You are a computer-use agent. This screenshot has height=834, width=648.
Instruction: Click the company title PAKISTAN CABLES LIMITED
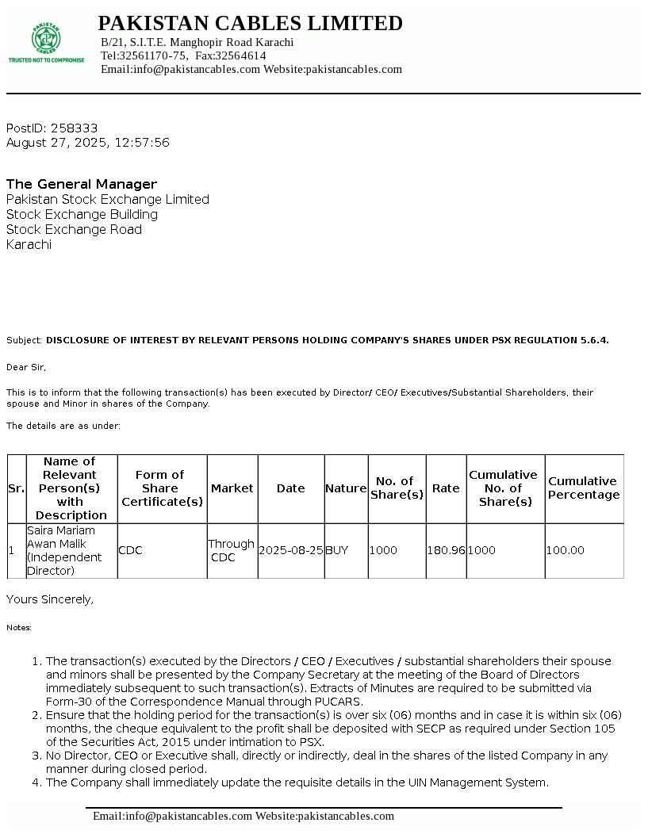pyautogui.click(x=250, y=24)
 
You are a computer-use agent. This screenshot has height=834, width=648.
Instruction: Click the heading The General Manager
pyautogui.click(x=82, y=184)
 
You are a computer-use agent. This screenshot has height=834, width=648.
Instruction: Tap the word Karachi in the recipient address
pyautogui.click(x=29, y=244)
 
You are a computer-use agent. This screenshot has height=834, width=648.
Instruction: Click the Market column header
pyautogui.click(x=232, y=488)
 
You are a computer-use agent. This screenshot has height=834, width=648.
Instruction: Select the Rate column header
pyautogui.click(x=446, y=488)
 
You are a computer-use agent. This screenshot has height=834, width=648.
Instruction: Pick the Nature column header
pyautogui.click(x=346, y=488)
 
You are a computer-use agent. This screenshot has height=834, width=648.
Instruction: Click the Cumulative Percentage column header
pyautogui.click(x=584, y=488)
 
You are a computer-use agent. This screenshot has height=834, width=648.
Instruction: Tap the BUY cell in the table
pyautogui.click(x=336, y=550)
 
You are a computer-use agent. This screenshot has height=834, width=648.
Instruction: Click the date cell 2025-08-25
pyautogui.click(x=291, y=550)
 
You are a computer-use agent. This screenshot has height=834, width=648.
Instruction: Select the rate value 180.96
pyautogui.click(x=446, y=550)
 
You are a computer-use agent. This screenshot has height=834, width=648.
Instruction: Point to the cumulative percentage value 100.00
pyautogui.click(x=566, y=550)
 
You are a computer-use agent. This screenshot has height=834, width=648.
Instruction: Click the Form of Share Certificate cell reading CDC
pyautogui.click(x=130, y=550)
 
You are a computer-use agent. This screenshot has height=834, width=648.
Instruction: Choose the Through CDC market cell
pyautogui.click(x=231, y=550)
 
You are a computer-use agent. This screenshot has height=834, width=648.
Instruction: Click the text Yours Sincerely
pyautogui.click(x=50, y=599)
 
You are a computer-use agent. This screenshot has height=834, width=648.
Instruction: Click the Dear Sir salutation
pyautogui.click(x=26, y=367)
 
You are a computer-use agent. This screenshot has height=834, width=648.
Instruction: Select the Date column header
pyautogui.click(x=290, y=488)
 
